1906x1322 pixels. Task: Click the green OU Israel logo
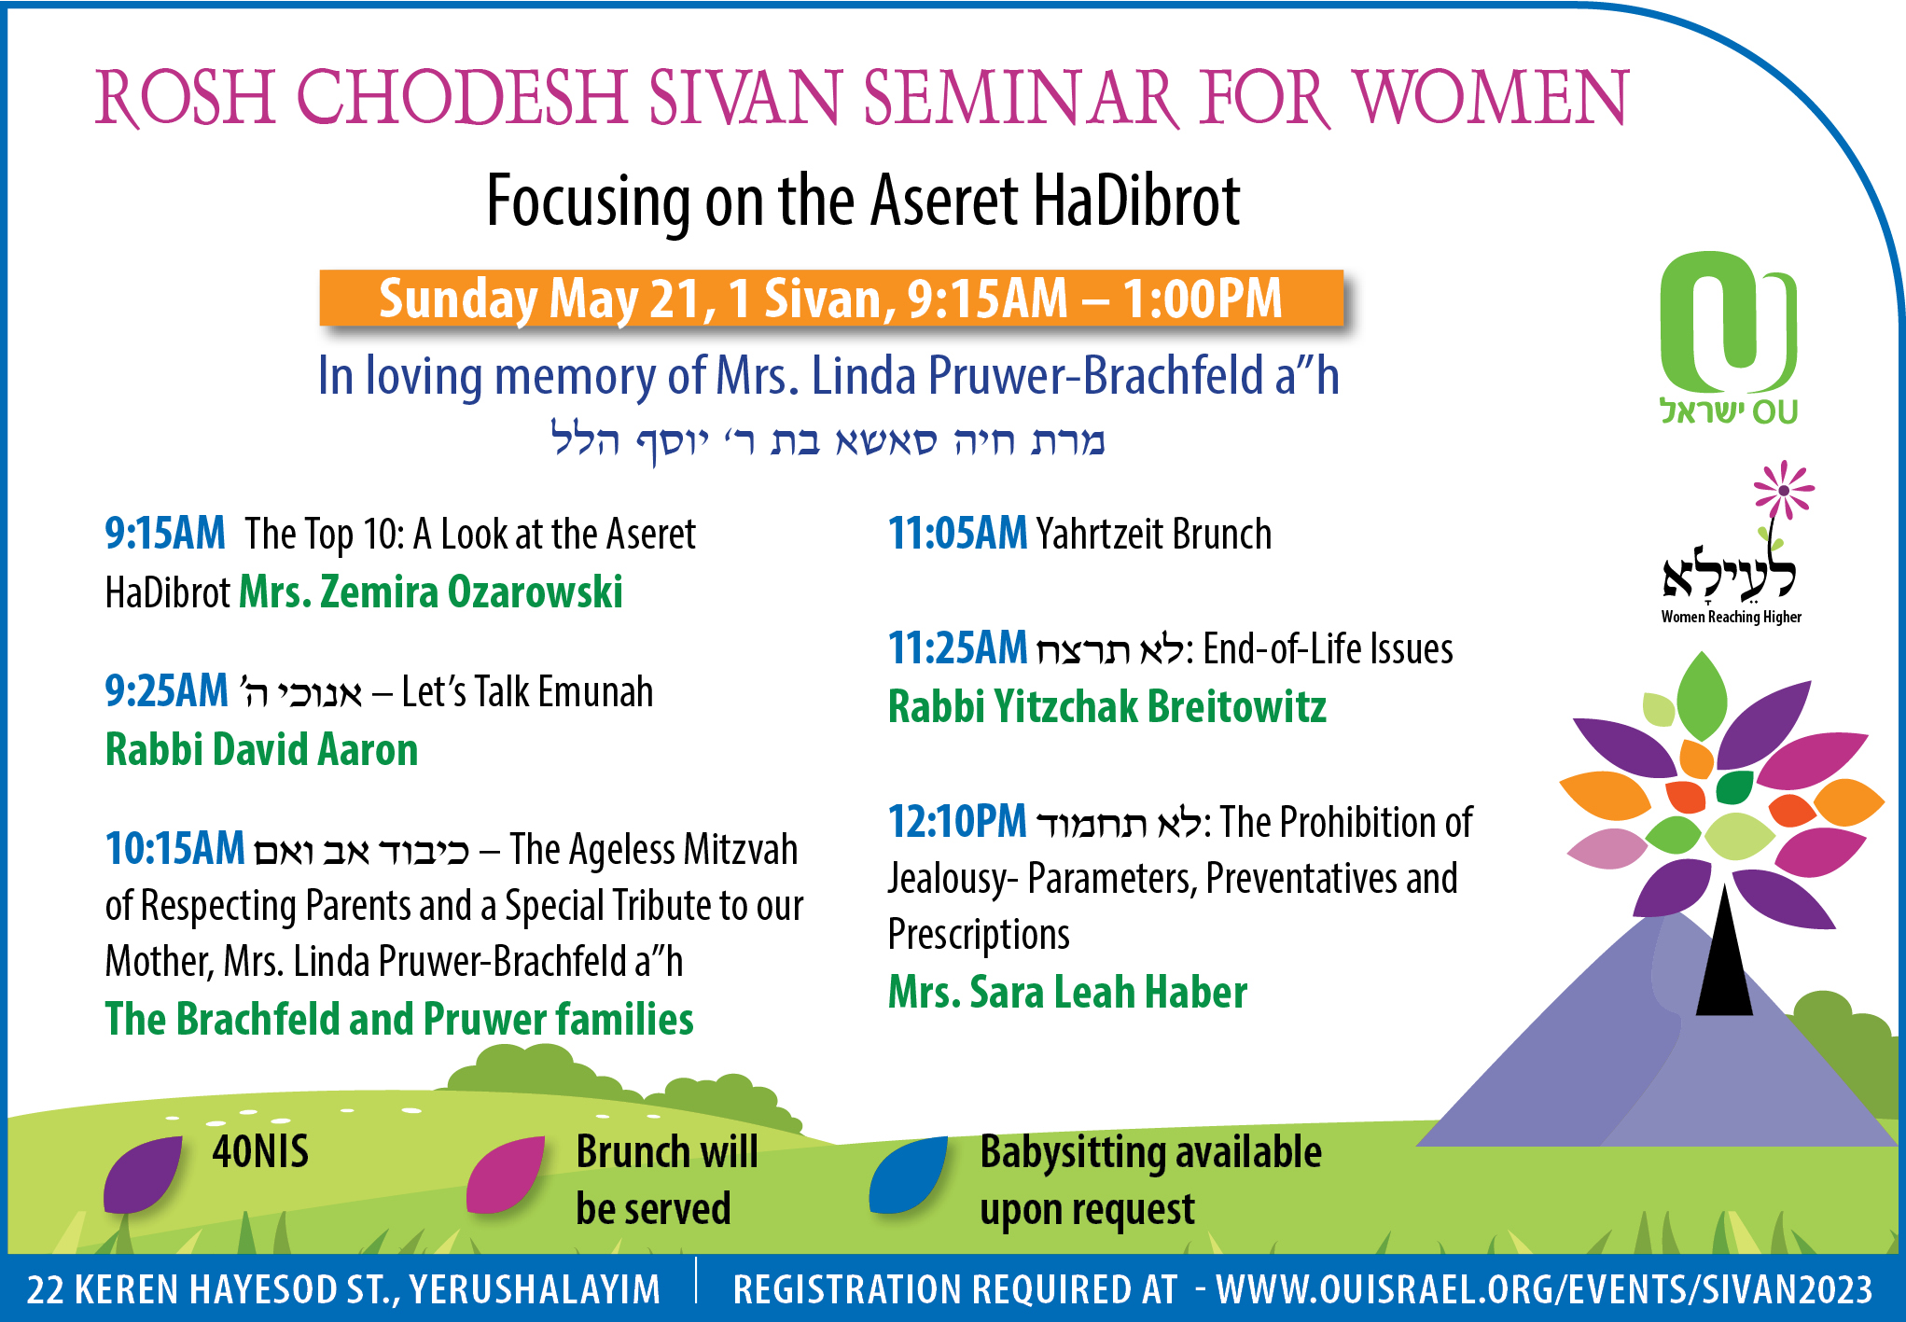coord(1729,336)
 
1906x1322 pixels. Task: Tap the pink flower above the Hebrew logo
coord(1784,490)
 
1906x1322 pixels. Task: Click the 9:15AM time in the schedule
coord(165,534)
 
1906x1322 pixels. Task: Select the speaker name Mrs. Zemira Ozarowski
coord(431,591)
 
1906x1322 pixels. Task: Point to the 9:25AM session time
coord(166,691)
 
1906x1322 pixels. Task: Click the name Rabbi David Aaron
coord(261,749)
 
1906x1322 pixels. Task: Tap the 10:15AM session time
coord(174,849)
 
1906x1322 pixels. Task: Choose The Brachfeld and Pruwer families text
coord(399,1019)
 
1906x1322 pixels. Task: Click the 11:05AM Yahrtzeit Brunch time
coord(958,534)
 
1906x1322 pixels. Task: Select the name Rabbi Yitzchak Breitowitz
coord(1107,706)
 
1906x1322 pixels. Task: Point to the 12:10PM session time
coord(957,822)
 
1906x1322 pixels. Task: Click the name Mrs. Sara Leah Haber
coord(1067,992)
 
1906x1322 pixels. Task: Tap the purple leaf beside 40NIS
coord(142,1174)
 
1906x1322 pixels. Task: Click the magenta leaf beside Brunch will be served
coord(505,1174)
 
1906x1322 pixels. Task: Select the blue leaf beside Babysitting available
coord(908,1174)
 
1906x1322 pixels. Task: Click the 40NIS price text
coord(260,1151)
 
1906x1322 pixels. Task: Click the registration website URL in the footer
coord(1544,1289)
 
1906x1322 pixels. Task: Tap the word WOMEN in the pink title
coord(1491,97)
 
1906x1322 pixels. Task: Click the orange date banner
coord(831,299)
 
